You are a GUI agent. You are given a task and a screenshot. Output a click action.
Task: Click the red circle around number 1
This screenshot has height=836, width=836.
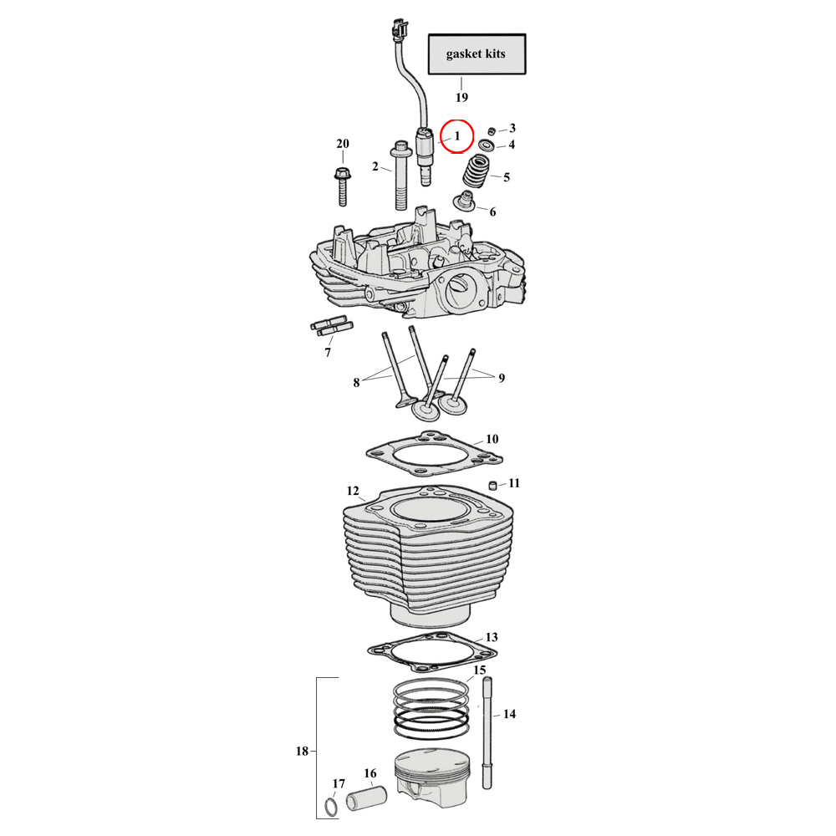point(456,135)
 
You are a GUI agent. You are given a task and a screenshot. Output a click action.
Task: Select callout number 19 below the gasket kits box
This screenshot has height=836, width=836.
point(461,97)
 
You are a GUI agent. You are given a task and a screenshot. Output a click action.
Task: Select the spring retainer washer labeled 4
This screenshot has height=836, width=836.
point(487,147)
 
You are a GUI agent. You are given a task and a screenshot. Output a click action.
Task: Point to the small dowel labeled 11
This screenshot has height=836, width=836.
point(494,486)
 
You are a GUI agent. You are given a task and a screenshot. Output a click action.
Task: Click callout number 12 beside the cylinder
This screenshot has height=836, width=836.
point(352,490)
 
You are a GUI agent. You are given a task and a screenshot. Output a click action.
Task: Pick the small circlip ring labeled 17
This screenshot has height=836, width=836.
point(331,808)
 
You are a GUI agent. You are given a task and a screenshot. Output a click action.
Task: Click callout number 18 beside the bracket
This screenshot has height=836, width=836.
point(302,751)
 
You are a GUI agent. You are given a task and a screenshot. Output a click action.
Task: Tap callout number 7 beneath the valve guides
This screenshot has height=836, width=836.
point(328,352)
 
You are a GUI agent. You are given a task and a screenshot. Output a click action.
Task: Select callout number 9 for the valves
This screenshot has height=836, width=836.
point(502,378)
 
